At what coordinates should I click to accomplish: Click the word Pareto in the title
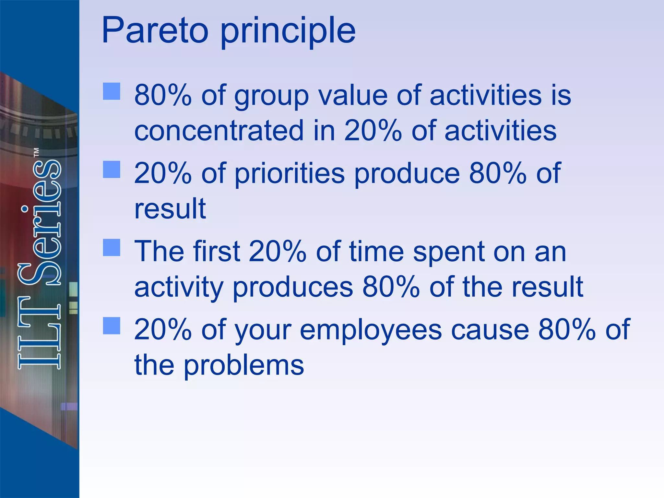[x=155, y=31]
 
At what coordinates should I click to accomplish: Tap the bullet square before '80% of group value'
[x=112, y=91]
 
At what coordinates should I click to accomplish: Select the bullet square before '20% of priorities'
[x=112, y=170]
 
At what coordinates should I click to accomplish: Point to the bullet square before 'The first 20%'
[x=112, y=248]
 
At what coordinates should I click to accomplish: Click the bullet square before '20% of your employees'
[x=112, y=326]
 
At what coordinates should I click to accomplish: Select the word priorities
[x=290, y=174]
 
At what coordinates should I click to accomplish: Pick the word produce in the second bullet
[x=407, y=174]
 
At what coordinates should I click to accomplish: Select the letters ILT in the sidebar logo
[x=40, y=332]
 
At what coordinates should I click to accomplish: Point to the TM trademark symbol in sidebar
[x=37, y=152]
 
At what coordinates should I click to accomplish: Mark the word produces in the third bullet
[x=293, y=288]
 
